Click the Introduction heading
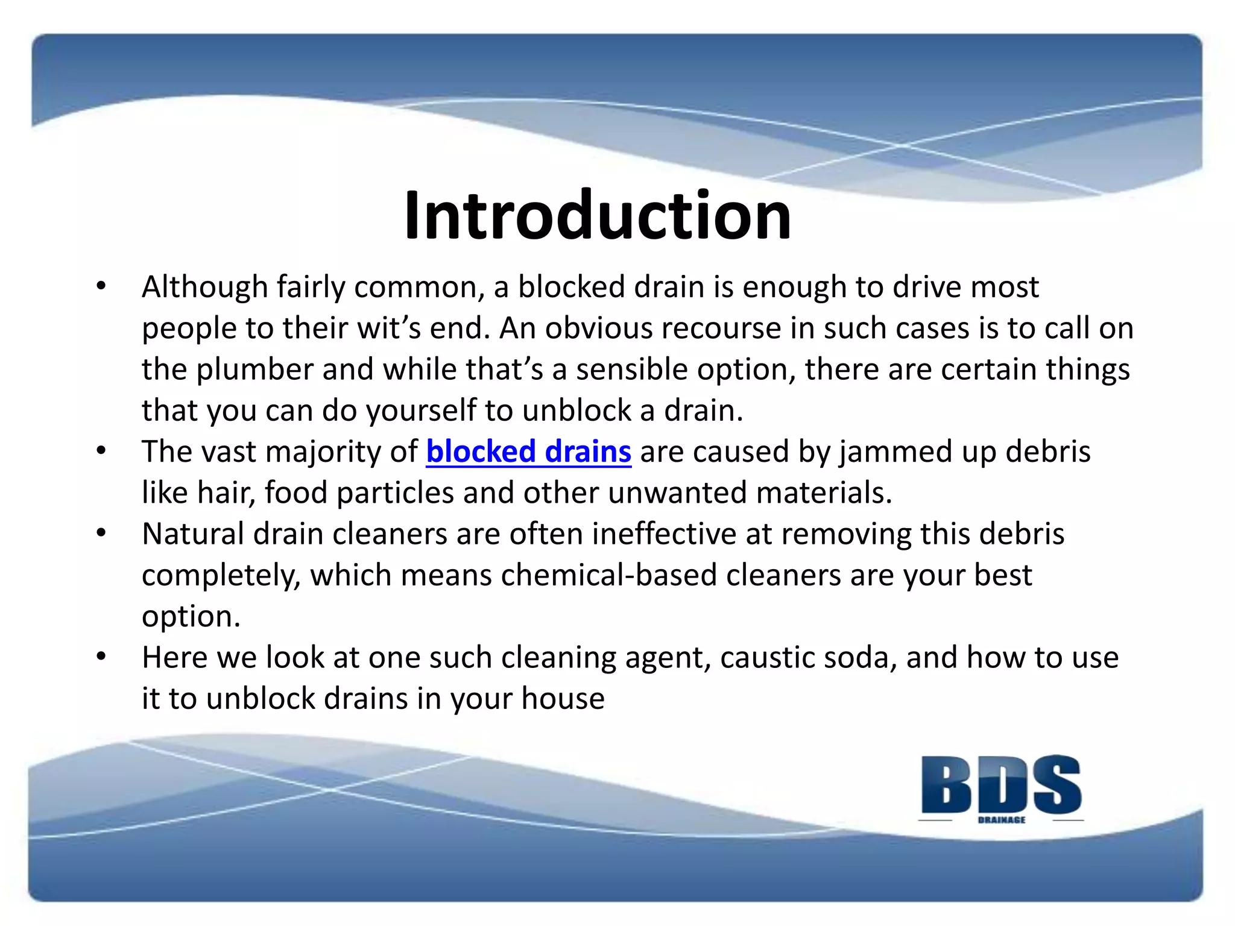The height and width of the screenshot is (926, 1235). (x=597, y=215)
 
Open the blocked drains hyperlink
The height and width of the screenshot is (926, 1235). (x=528, y=452)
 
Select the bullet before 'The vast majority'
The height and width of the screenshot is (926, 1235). (x=101, y=450)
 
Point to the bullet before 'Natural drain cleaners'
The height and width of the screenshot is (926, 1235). (x=101, y=533)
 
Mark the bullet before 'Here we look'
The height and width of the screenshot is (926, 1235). (x=101, y=657)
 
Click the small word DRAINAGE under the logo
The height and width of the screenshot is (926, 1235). (x=1002, y=820)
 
